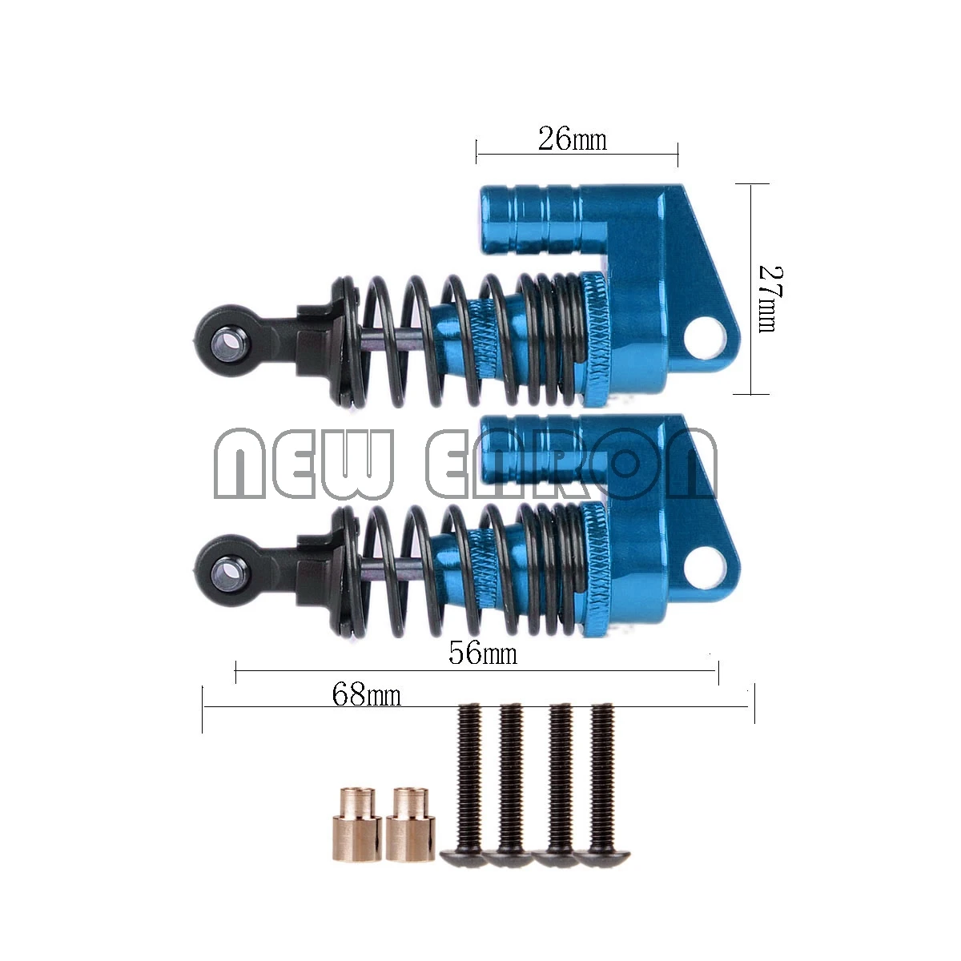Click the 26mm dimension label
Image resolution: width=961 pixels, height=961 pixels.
[x=572, y=140]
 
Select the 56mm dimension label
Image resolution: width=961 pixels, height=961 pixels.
[x=482, y=653]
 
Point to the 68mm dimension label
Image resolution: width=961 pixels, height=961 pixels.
[x=366, y=694]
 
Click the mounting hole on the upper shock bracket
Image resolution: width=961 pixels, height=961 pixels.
[x=706, y=333]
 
